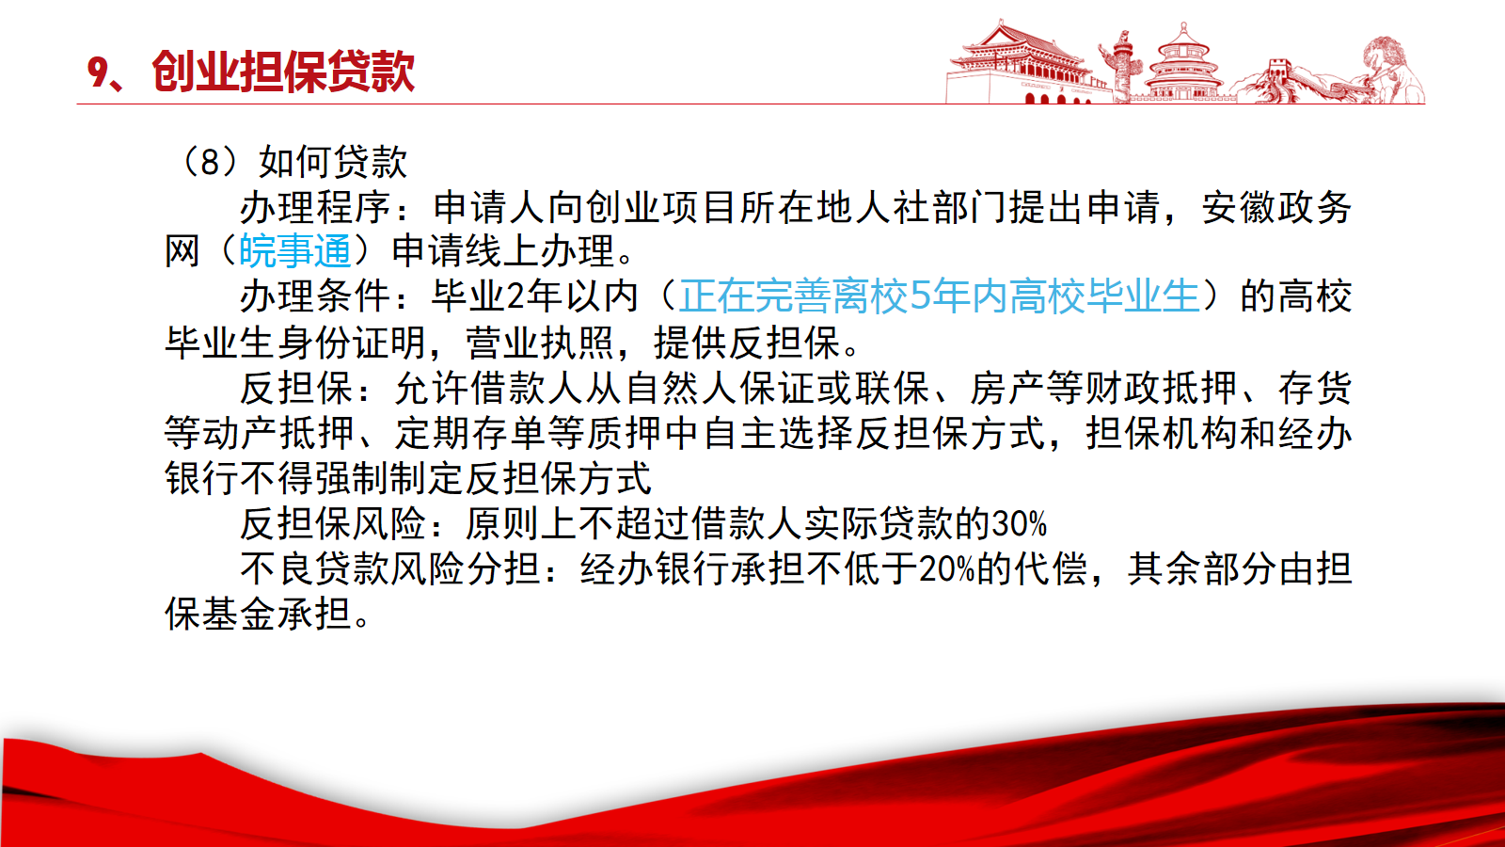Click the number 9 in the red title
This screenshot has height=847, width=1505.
98,72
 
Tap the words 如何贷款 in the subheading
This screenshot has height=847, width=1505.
333,162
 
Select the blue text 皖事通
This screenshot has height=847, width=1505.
295,251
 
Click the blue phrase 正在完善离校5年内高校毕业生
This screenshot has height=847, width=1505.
940,296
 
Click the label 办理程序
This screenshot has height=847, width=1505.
315,207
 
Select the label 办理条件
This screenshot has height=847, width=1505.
315,296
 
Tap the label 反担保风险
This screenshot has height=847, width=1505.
333,524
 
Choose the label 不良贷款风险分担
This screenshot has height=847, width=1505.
390,569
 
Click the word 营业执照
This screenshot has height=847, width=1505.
540,343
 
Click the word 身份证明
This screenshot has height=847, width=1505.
352,343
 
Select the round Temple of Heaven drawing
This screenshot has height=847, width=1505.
1183,64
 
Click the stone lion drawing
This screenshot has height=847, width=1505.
1392,70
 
